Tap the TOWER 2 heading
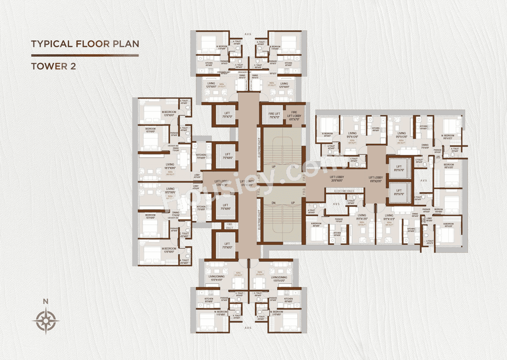point(53,66)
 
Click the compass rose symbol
point(46,320)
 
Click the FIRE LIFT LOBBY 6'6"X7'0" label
point(294,115)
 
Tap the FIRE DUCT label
point(229,226)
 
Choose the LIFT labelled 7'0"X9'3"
point(227,246)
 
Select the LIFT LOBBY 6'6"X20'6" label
point(376,179)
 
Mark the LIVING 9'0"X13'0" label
point(362,217)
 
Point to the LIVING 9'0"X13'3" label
point(389,217)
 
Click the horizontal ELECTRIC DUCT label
point(344,191)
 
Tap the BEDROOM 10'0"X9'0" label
point(438,210)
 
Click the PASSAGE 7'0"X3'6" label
point(339,221)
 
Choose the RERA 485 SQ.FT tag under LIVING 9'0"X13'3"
point(389,224)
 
